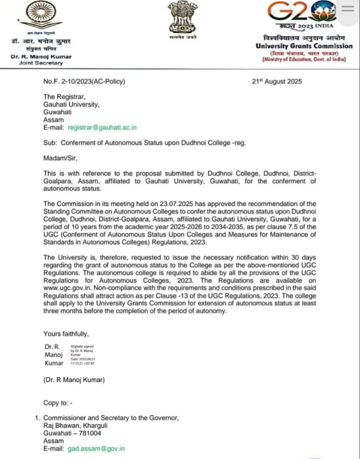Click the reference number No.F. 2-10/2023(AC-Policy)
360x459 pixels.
point(84,81)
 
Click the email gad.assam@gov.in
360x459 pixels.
point(96,449)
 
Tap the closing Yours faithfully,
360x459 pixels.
point(66,334)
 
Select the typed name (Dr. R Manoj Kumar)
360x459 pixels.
point(74,380)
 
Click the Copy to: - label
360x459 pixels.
point(58,403)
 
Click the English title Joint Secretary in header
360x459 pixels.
point(41,63)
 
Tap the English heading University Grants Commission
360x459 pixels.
point(304,46)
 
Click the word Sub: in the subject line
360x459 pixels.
point(50,143)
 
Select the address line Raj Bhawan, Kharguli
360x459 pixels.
point(75,426)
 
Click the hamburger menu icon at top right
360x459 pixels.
point(347,9)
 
